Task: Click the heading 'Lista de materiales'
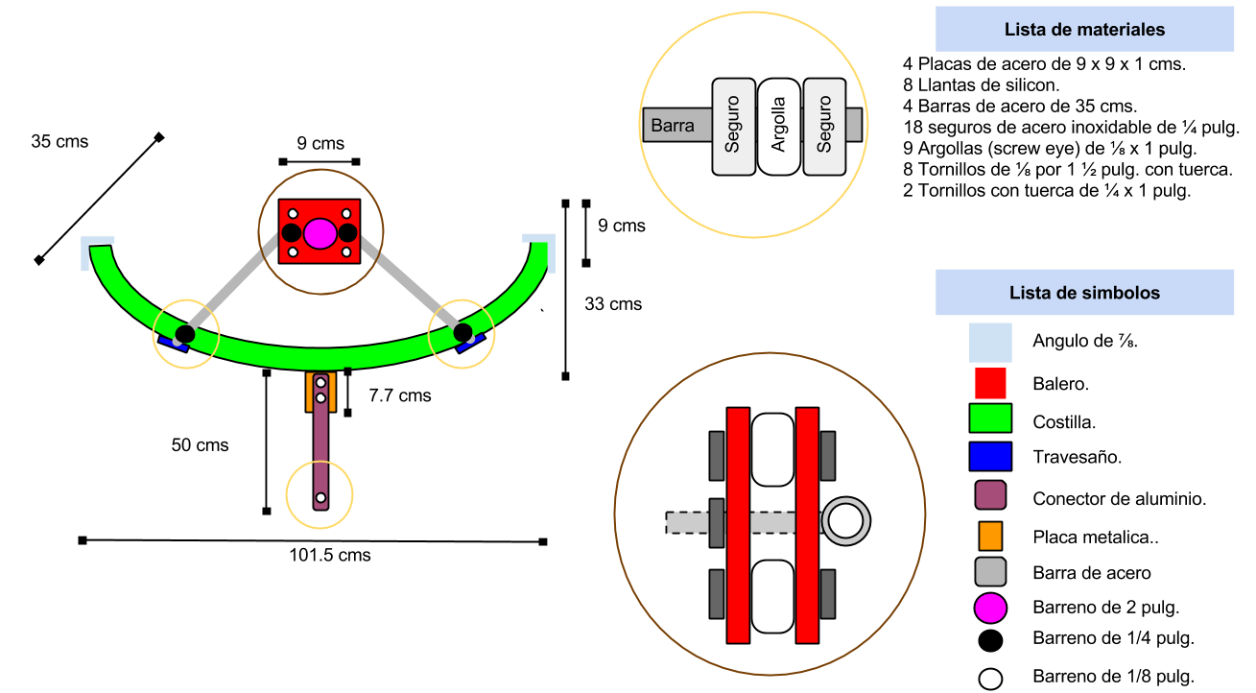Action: pyautogui.click(x=1084, y=30)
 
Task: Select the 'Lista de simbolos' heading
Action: pyautogui.click(x=1084, y=293)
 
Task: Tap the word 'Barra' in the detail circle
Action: pyautogui.click(x=673, y=126)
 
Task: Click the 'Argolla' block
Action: pyautogui.click(x=778, y=126)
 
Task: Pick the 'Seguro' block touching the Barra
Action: pyautogui.click(x=733, y=126)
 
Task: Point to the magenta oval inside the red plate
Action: pyautogui.click(x=320, y=232)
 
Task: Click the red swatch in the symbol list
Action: pyautogui.click(x=990, y=383)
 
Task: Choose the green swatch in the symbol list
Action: pyautogui.click(x=990, y=418)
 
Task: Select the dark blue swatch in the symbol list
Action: pyautogui.click(x=990, y=456)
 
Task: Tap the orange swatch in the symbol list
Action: pyautogui.click(x=990, y=536)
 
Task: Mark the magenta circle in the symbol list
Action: pyautogui.click(x=990, y=609)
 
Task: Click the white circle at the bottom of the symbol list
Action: pyautogui.click(x=990, y=679)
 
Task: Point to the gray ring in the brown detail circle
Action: pyautogui.click(x=845, y=521)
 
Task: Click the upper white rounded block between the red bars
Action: pyautogui.click(x=772, y=449)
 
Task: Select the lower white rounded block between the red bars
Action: pyautogui.click(x=772, y=596)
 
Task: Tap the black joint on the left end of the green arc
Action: pyautogui.click(x=185, y=334)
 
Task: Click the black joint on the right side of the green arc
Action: pyautogui.click(x=462, y=332)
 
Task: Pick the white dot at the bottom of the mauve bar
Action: pyautogui.click(x=320, y=498)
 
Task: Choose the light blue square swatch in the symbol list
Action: pyautogui.click(x=990, y=343)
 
